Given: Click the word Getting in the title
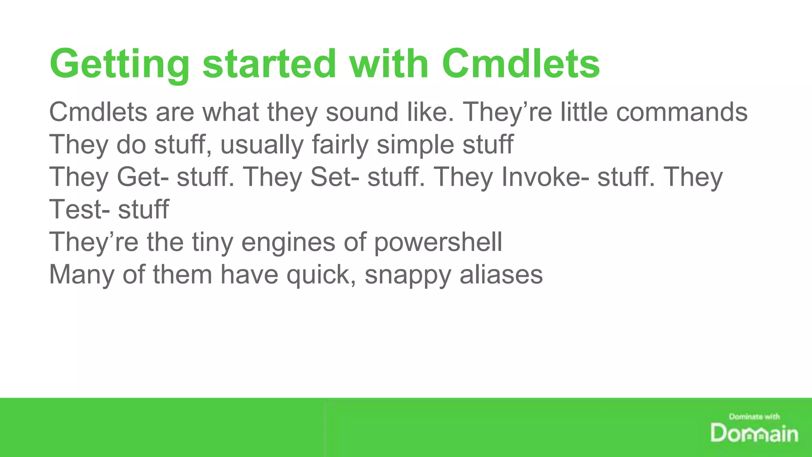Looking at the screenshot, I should pos(119,64).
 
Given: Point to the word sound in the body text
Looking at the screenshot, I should pos(362,112).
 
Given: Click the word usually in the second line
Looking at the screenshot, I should pos(262,145).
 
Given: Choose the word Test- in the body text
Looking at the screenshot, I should pos(79,209).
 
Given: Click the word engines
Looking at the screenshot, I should pos(288,242).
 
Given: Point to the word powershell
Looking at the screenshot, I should pos(438,242).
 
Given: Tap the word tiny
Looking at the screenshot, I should pos(213,242).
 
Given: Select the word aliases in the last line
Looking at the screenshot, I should pos(501,275).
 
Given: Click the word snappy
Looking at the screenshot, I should pos(408,275).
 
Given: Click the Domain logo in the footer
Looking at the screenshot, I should pos(754,433).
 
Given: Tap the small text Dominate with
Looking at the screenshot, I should pos(754,417).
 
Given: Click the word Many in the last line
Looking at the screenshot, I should pos(82,275).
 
